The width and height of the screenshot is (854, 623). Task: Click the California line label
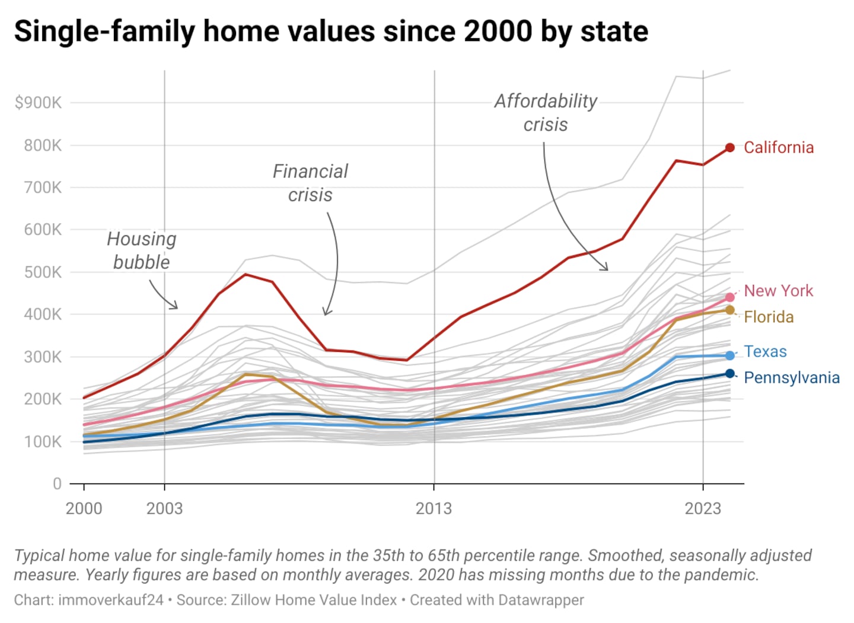(x=778, y=148)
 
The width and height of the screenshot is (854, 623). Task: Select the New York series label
(x=778, y=291)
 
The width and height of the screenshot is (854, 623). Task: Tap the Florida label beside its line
(x=769, y=317)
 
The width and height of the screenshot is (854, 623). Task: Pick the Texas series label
(x=765, y=351)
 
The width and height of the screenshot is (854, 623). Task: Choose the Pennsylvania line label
(x=791, y=378)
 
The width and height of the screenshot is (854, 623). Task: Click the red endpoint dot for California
(x=730, y=148)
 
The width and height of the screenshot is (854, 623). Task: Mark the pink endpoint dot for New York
(x=730, y=297)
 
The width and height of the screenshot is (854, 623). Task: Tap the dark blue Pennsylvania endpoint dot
(x=730, y=374)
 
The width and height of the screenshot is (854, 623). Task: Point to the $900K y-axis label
(x=38, y=103)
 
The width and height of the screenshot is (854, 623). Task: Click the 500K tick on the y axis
(x=42, y=272)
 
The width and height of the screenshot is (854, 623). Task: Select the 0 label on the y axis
(x=57, y=484)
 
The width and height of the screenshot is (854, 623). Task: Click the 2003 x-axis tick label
(x=164, y=508)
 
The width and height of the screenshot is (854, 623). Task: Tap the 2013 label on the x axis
(x=434, y=508)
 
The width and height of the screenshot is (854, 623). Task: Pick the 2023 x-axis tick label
(x=703, y=508)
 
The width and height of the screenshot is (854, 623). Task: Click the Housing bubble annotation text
(x=142, y=250)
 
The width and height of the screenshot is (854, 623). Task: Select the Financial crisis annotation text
(x=310, y=183)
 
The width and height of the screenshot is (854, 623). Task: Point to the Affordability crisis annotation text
(x=546, y=113)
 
